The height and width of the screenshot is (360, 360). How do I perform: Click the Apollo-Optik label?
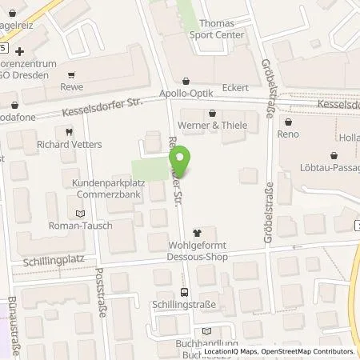(185, 93)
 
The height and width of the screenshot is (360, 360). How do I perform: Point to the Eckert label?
(236, 88)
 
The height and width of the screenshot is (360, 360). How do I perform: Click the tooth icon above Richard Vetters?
(69, 131)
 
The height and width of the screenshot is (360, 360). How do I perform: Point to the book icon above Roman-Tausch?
(78, 213)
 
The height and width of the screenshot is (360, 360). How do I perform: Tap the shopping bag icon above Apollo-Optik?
(186, 81)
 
